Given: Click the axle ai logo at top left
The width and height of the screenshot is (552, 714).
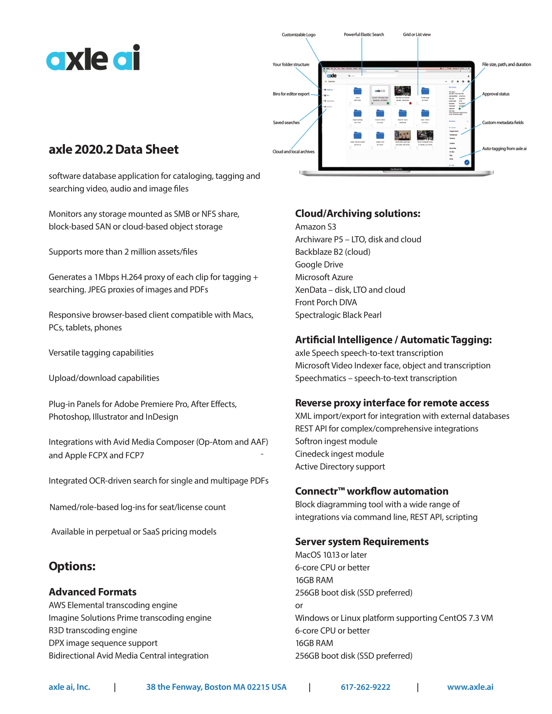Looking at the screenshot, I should (93, 58).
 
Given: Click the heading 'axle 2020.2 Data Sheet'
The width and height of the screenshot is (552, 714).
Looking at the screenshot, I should (113, 149).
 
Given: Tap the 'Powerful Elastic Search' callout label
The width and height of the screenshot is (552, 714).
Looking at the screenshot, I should (364, 34).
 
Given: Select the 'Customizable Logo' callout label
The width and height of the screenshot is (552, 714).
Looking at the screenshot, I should (298, 35).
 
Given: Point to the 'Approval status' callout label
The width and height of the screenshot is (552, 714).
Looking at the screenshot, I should (496, 94).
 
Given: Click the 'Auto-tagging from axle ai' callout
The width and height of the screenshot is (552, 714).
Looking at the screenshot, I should (504, 149).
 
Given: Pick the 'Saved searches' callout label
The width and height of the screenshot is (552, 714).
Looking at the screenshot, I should (286, 123).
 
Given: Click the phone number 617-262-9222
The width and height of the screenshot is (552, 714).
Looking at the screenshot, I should (365, 687).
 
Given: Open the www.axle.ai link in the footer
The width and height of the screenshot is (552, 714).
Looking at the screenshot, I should (470, 687).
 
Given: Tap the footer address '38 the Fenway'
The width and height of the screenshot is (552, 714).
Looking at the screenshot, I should (216, 687).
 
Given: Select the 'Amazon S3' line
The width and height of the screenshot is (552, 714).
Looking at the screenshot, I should (315, 227).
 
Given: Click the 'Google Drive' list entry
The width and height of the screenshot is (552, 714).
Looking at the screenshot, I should (319, 265).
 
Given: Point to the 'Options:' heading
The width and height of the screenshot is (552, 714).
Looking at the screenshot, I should (72, 566).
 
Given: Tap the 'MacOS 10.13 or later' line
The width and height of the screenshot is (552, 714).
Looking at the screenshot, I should (331, 555).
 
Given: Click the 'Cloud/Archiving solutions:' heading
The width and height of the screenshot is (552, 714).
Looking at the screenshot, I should (358, 214).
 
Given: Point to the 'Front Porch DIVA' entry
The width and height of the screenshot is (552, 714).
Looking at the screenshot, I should (326, 302).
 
